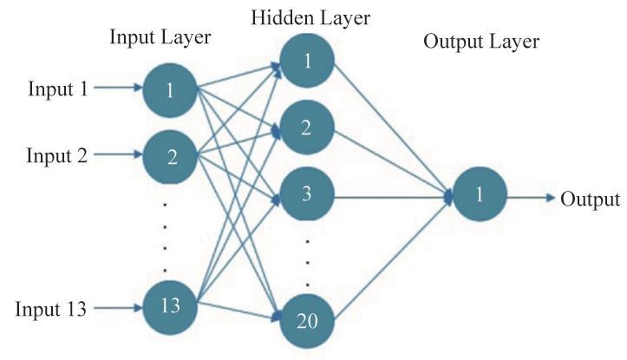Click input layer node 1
170,90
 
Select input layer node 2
170,157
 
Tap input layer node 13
170,307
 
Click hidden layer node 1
307,61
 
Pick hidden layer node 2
307,128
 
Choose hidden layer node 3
307,193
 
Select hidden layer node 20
307,321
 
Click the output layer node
480,194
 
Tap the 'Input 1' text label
57,88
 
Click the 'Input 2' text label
56,155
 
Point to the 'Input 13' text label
51,309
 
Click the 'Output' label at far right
590,199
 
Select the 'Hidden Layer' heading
310,18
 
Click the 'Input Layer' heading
160,37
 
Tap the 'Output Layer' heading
481,42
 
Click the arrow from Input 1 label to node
118,88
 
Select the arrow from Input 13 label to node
118,308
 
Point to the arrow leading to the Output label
532,197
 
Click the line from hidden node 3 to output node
393,197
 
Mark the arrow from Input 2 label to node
118,154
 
